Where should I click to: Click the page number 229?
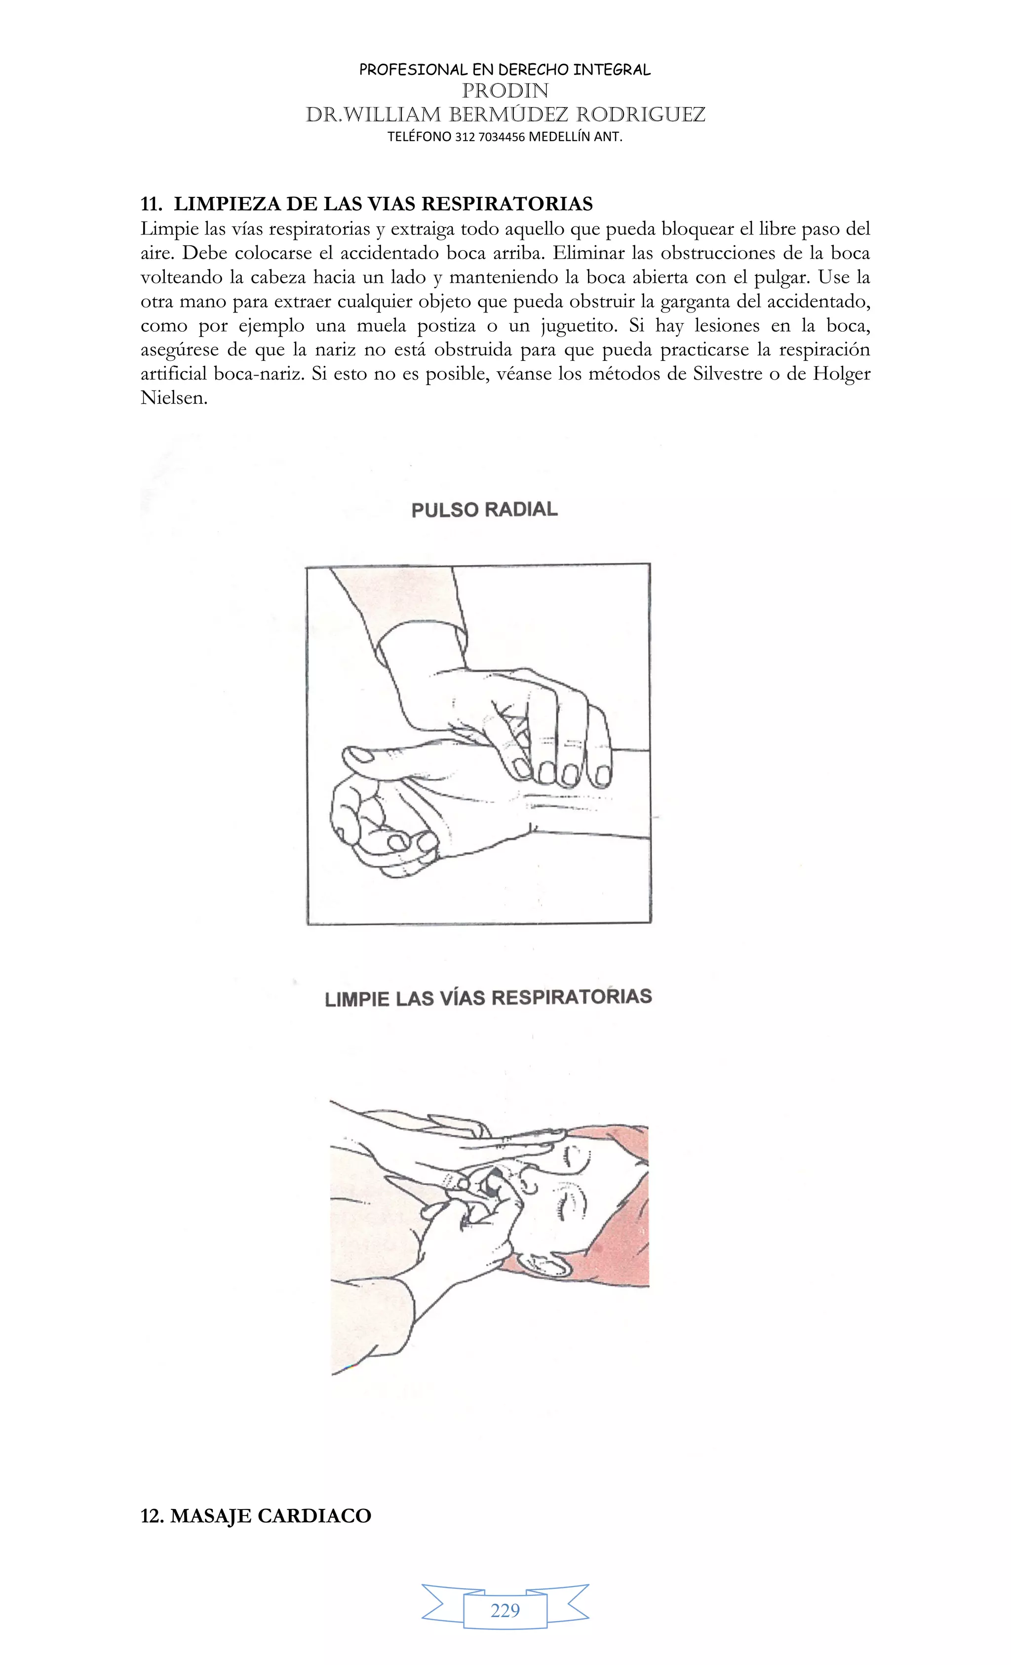[x=505, y=1610]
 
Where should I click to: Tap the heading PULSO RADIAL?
[x=485, y=509]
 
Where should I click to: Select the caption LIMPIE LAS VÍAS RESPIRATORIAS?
[x=488, y=998]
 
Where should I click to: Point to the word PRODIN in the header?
[x=505, y=90]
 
